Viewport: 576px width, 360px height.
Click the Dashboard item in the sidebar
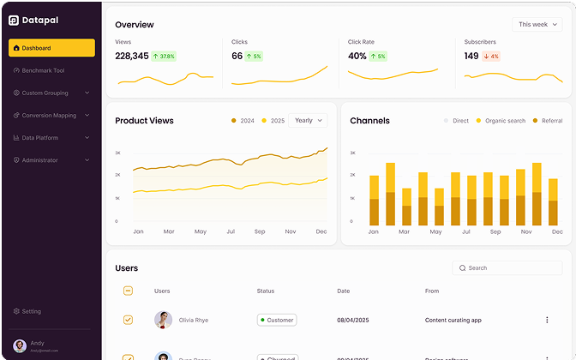coord(51,48)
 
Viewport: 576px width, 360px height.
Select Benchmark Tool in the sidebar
coord(51,70)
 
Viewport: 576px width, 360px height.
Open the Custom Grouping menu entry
coord(51,93)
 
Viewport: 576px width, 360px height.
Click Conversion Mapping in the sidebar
coord(51,115)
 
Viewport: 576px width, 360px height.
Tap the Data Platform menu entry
coord(51,137)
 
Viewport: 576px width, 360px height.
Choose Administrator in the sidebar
coord(51,160)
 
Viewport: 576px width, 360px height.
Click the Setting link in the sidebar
coord(31,311)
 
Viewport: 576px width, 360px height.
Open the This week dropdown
coord(537,25)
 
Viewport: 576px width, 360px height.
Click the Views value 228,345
coord(132,56)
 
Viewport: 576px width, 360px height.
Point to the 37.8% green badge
coord(164,57)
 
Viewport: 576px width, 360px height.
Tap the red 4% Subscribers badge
coord(491,57)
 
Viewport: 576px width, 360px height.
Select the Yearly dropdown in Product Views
coord(308,121)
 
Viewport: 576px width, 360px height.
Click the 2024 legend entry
coord(243,121)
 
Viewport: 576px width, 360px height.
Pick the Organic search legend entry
coord(501,121)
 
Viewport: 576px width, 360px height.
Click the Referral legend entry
coord(547,121)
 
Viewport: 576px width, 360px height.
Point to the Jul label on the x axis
coord(231,231)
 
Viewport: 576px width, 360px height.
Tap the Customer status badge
coord(277,320)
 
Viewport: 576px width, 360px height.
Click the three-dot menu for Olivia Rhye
coord(547,320)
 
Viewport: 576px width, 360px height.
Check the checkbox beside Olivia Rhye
coord(129,320)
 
